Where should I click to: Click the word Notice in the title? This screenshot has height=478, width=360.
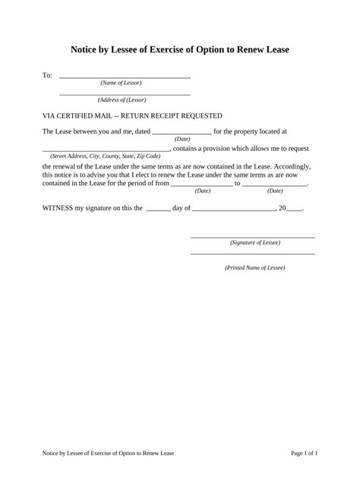87,49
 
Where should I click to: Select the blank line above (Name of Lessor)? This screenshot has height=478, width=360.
125,77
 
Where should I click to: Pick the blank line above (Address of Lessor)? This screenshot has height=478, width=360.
125,94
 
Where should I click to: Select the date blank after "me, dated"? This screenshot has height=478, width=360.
182,133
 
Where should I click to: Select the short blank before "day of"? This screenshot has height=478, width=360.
157,208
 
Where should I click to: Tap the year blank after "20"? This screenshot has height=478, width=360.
295,208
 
